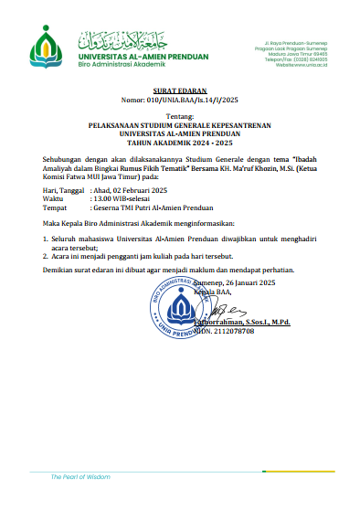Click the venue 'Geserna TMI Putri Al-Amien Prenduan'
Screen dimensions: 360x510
tap(152, 208)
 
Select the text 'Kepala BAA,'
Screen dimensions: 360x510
tap(212, 292)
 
